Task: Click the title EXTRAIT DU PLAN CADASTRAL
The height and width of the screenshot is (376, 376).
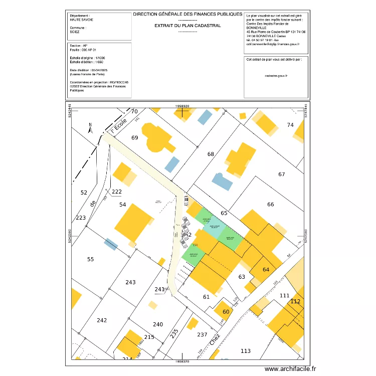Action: (187, 25)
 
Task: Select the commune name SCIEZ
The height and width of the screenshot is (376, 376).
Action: (75, 31)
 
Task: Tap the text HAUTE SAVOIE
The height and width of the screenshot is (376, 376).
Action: (82, 20)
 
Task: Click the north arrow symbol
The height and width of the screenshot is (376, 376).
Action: (90, 127)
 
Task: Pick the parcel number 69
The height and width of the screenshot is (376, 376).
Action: (134, 138)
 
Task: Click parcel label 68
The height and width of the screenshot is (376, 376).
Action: (211, 154)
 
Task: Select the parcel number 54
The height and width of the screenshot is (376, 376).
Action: (123, 205)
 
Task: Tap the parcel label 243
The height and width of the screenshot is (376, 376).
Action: (130, 282)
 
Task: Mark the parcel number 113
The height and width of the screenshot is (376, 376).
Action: (245, 351)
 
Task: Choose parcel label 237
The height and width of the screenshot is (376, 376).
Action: (202, 334)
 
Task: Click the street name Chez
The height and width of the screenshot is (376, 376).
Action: (215, 341)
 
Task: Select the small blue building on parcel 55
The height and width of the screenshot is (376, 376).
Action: (111, 244)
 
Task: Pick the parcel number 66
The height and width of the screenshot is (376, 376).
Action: (271, 204)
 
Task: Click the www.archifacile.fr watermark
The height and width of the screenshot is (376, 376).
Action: (291, 369)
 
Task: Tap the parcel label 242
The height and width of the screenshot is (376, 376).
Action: (102, 320)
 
